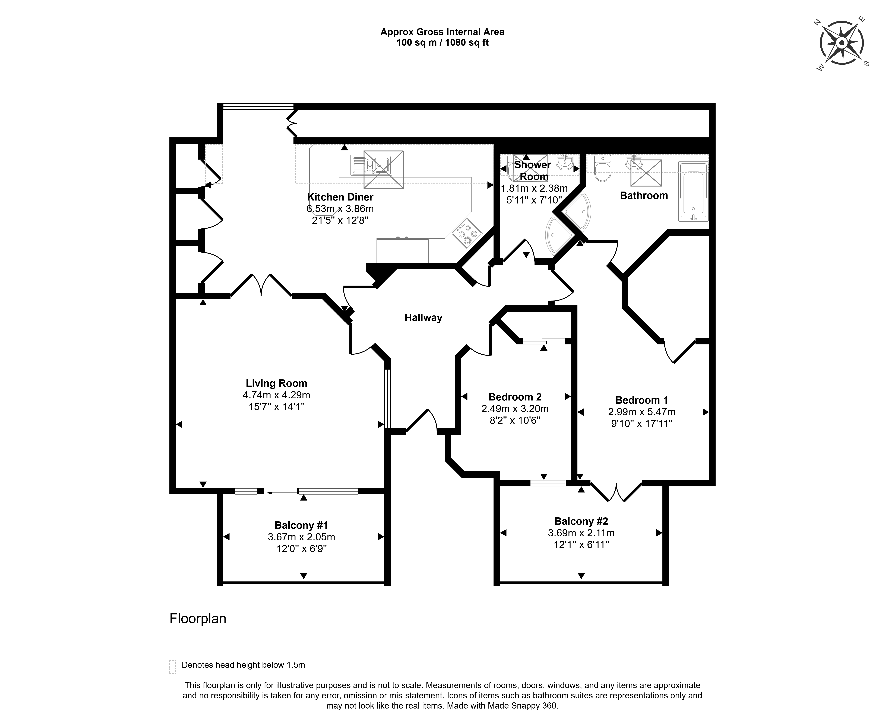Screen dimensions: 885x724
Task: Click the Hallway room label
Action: [423, 318]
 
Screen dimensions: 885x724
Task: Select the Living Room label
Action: [276, 383]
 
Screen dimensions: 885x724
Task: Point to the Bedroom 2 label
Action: [515, 397]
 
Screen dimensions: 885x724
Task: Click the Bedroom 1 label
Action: [642, 400]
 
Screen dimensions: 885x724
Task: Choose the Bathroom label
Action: [644, 196]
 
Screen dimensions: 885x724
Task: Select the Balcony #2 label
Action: [581, 521]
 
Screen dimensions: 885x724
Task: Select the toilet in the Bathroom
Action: [602, 168]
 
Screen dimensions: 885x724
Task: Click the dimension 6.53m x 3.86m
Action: [340, 209]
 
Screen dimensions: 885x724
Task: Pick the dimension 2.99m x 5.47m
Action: [642, 412]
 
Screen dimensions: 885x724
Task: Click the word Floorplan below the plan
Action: [198, 619]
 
